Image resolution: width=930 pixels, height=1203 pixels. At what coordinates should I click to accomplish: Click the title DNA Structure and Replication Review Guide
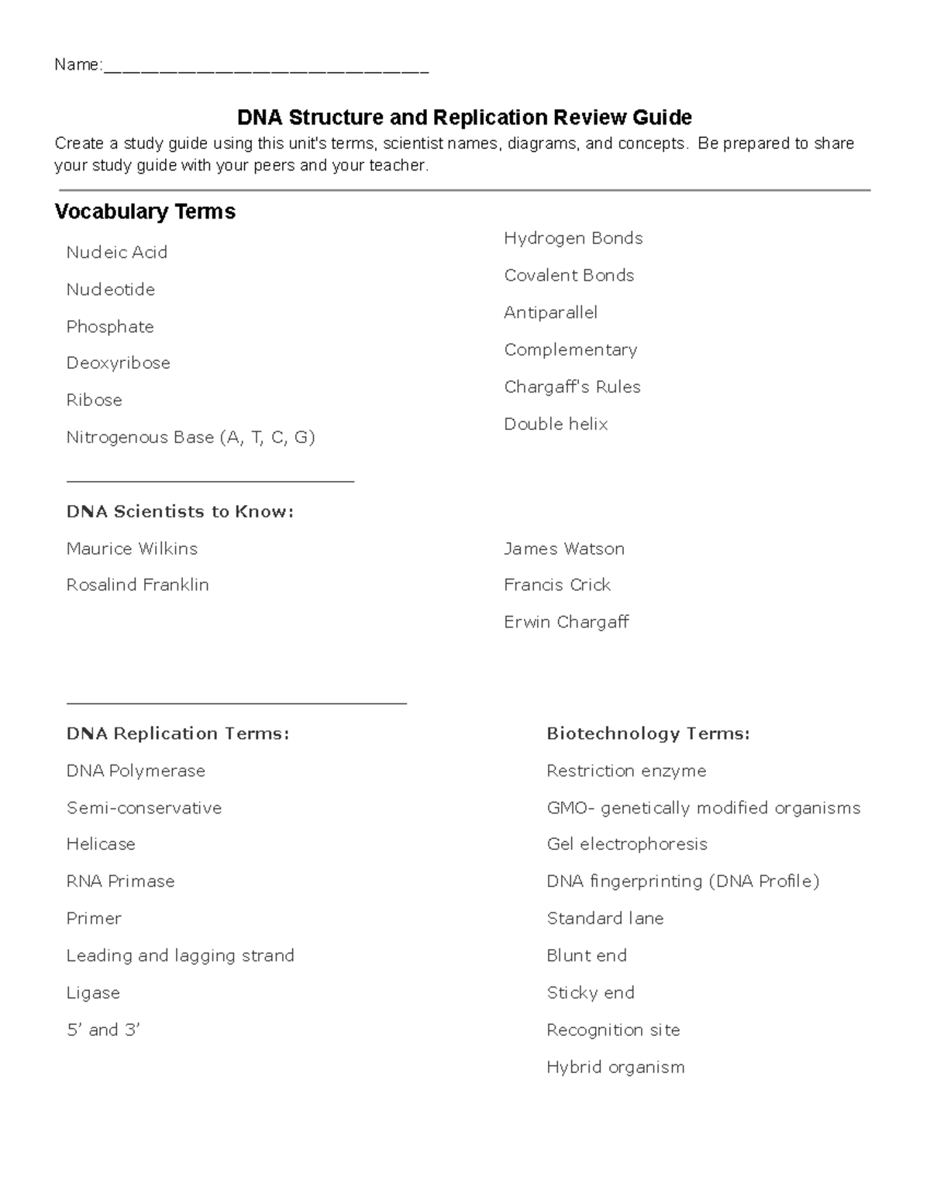pyautogui.click(x=464, y=118)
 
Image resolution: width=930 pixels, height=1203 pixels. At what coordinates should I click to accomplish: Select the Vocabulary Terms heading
pyautogui.click(x=145, y=211)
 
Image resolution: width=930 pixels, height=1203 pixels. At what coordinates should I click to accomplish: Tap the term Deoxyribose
pyautogui.click(x=118, y=363)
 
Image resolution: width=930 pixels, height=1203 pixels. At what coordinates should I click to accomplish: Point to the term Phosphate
pyautogui.click(x=110, y=327)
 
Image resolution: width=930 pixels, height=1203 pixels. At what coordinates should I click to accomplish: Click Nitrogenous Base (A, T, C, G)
pyautogui.click(x=191, y=438)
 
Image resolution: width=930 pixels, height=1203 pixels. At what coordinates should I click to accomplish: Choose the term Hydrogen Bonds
pyautogui.click(x=573, y=239)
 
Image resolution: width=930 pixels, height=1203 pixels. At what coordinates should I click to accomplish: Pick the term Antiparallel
pyautogui.click(x=550, y=313)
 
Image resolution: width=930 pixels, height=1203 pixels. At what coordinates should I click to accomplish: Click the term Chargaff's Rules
pyautogui.click(x=572, y=387)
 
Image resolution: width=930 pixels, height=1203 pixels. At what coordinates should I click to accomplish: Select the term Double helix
pyautogui.click(x=556, y=424)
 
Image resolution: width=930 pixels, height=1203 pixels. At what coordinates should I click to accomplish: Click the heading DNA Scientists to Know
pyautogui.click(x=180, y=512)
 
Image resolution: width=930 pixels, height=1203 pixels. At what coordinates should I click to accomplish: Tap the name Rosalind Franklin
pyautogui.click(x=137, y=586)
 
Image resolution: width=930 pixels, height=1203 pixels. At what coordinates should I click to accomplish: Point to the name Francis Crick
pyautogui.click(x=556, y=586)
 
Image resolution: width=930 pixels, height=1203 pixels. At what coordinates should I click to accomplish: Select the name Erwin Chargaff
pyautogui.click(x=566, y=623)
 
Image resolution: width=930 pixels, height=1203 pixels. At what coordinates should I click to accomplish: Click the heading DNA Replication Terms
pyautogui.click(x=177, y=734)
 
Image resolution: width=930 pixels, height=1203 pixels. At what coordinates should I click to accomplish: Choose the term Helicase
pyautogui.click(x=101, y=844)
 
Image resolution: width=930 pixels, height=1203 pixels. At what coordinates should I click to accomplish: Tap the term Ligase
pyautogui.click(x=93, y=993)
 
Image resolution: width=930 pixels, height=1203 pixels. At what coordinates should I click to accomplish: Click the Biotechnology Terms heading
pyautogui.click(x=648, y=734)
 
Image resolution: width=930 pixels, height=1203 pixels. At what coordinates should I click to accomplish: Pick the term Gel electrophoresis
pyautogui.click(x=626, y=844)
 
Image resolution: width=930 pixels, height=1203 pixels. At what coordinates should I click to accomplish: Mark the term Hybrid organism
pyautogui.click(x=615, y=1067)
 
